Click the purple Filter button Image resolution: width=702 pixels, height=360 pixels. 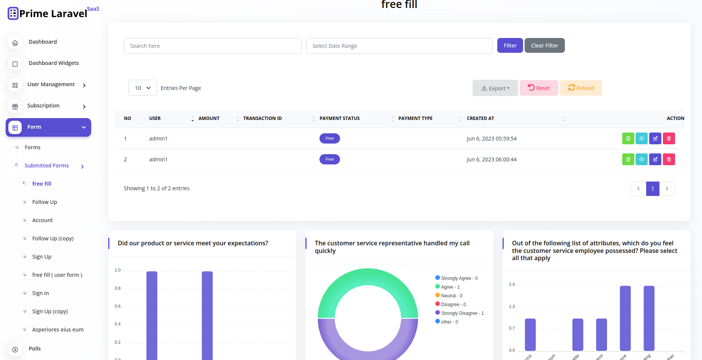510,46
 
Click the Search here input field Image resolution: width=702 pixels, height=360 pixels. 212,46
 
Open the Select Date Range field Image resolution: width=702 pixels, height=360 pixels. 399,46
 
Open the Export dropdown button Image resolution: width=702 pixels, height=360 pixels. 495,88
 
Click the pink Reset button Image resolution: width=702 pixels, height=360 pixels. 539,88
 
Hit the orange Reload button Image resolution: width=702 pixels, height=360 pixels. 580,88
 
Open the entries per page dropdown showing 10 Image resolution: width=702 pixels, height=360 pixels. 142,88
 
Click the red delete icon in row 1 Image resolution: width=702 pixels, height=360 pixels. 669,139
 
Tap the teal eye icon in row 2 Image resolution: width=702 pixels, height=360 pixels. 642,159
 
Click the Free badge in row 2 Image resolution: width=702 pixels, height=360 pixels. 329,159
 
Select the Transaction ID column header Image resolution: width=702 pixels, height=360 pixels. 262,118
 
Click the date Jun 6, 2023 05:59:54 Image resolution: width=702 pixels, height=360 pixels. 492,139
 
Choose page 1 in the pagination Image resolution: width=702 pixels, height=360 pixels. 652,189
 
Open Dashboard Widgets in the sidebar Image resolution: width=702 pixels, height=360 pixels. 54,63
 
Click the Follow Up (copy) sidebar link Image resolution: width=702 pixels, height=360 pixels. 53,238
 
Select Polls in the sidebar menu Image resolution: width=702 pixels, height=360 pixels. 35,349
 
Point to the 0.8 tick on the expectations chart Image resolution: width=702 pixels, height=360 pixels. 118,289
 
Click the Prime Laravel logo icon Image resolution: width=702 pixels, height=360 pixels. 13,14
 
